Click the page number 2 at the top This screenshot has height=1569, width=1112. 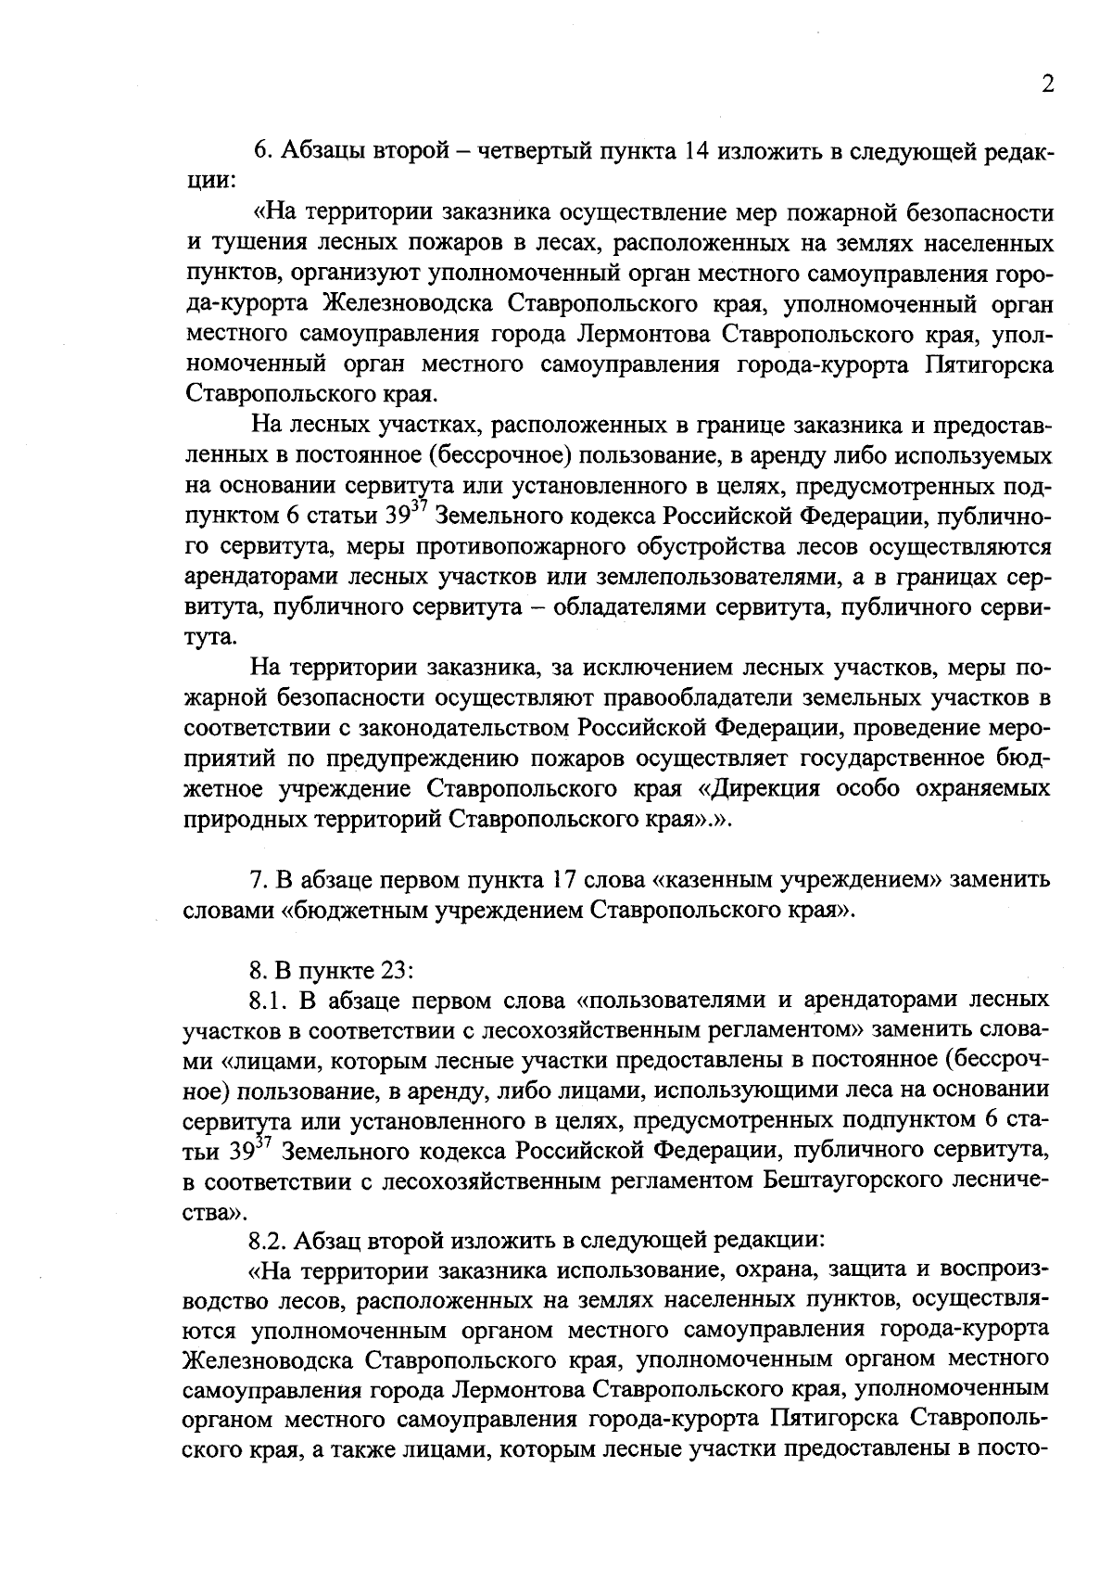coord(1047,84)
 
